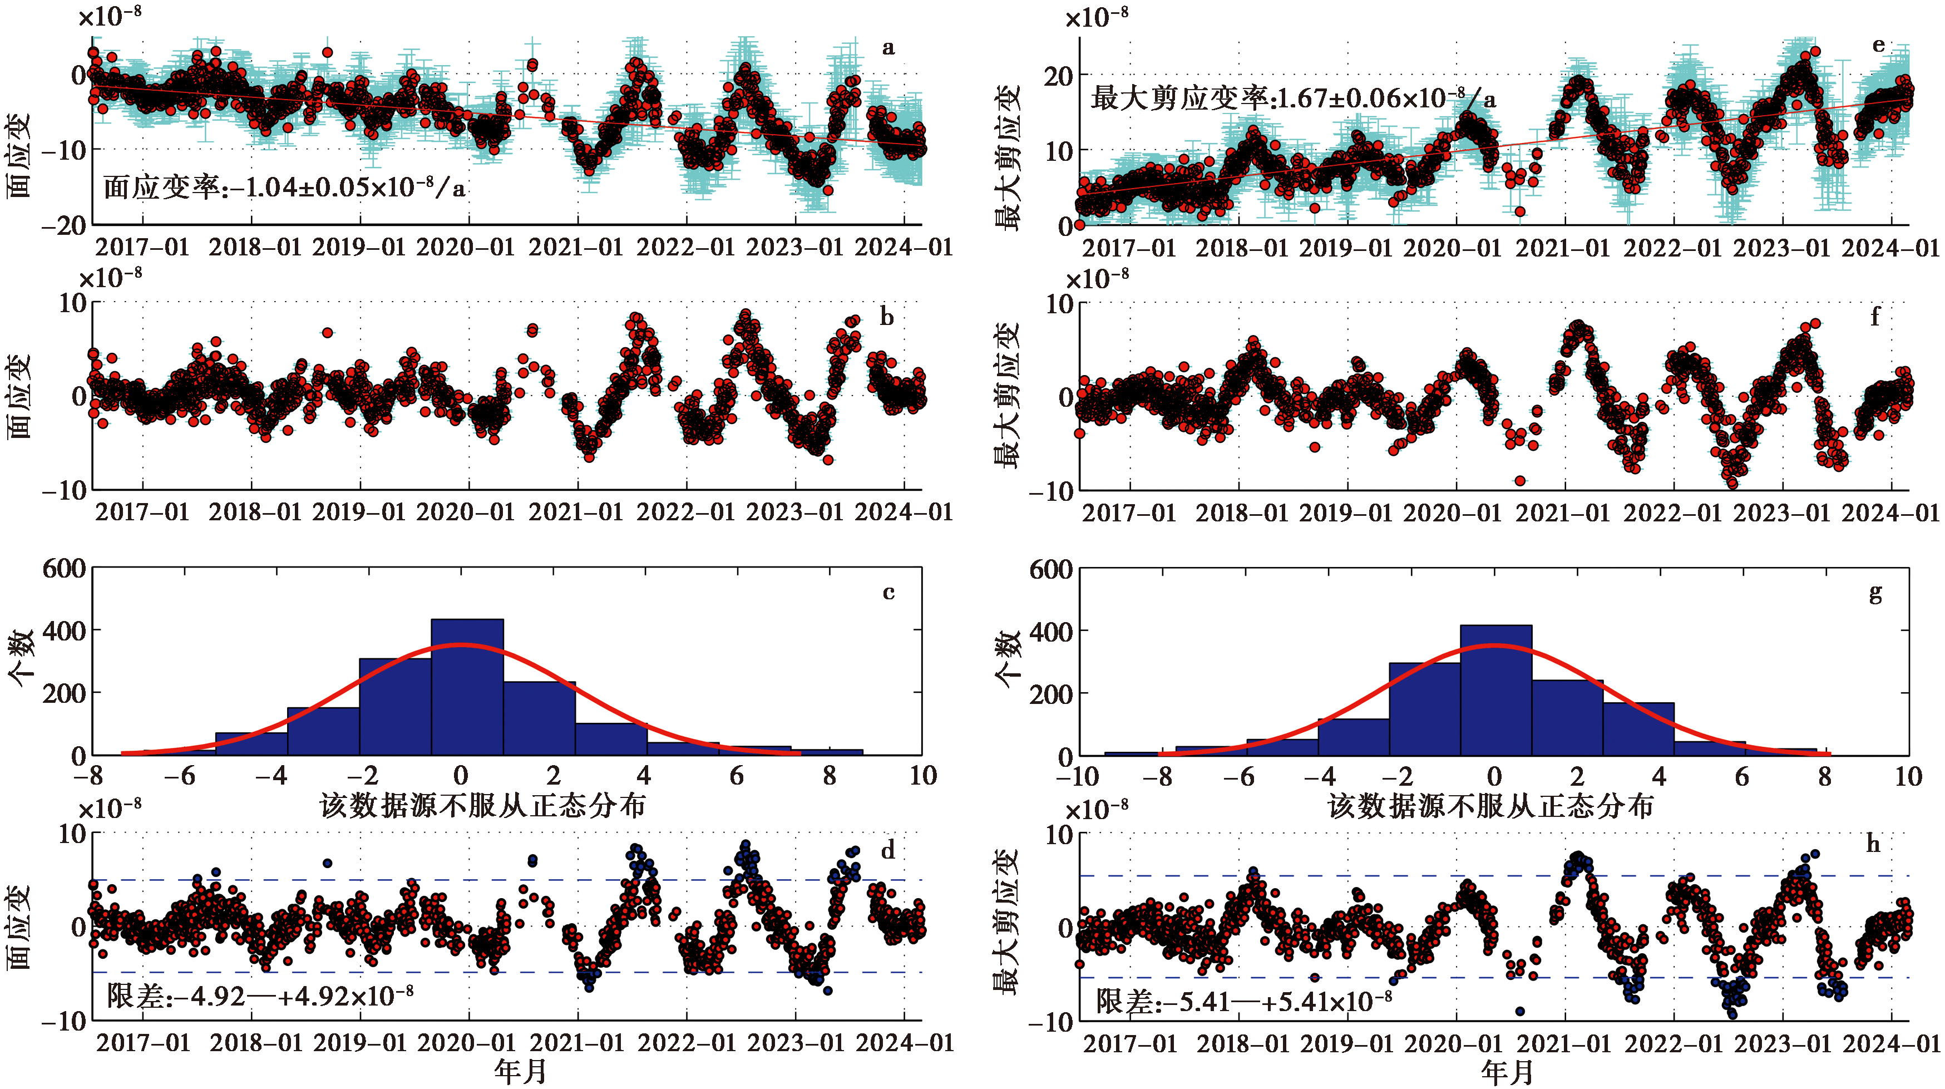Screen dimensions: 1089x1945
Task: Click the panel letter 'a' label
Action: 888,48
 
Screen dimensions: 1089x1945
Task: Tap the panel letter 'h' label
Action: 1873,844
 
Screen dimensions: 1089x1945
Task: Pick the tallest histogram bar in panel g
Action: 1495,689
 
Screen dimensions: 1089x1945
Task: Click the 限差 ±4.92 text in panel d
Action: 260,997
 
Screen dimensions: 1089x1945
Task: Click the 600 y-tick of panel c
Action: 64,568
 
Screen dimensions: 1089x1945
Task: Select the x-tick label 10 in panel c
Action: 922,776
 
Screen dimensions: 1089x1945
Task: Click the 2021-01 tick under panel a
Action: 576,247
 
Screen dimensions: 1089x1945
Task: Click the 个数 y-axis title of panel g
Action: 1007,660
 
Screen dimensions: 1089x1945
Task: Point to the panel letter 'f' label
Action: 1875,317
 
